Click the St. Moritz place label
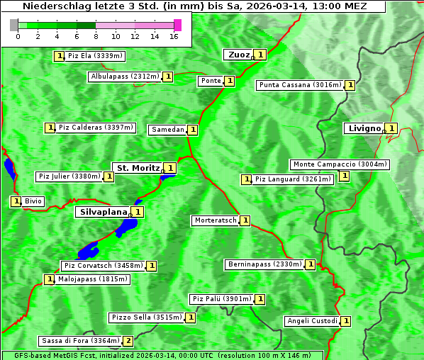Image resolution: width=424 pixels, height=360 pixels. (x=137, y=168)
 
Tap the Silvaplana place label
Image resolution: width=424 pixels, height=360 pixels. (x=103, y=211)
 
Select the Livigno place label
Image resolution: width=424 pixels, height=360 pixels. (x=363, y=128)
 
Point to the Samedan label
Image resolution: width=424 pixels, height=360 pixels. (x=167, y=130)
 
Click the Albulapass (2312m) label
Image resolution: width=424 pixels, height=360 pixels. (x=125, y=77)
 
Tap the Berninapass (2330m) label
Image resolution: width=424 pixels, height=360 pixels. (x=264, y=264)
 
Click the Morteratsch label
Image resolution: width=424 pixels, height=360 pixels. (x=216, y=220)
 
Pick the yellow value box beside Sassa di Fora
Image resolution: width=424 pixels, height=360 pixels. (x=128, y=341)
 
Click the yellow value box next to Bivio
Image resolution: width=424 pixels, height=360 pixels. (x=16, y=201)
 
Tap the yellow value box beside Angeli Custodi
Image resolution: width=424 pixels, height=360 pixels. (x=345, y=320)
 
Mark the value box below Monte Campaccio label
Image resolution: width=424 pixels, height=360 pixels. (x=344, y=176)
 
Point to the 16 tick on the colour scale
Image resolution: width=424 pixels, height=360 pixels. (x=174, y=36)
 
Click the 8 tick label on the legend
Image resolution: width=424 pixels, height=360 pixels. (x=95, y=36)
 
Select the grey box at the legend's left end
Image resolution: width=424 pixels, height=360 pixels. (x=14, y=25)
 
